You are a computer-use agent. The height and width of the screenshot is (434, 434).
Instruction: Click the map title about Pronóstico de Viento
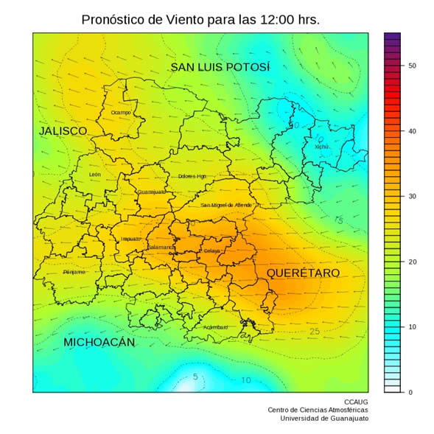click(200, 20)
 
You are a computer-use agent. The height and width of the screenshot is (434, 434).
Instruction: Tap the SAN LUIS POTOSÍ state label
click(220, 68)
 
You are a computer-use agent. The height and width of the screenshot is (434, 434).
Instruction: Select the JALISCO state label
click(63, 130)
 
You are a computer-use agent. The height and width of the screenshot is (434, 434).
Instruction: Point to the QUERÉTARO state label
click(303, 273)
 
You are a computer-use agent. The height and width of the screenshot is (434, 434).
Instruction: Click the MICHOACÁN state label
click(99, 343)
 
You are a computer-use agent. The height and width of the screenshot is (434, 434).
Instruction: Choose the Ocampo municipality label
click(121, 113)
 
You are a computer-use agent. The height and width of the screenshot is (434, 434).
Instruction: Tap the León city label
click(94, 175)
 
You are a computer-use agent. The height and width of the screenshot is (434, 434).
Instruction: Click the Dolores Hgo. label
click(192, 177)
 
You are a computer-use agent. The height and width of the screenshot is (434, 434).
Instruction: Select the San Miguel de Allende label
click(226, 205)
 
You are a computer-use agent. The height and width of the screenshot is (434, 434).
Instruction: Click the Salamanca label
click(161, 248)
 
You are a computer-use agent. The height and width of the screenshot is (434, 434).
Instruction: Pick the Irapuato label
click(131, 239)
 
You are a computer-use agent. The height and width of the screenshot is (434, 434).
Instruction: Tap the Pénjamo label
click(74, 272)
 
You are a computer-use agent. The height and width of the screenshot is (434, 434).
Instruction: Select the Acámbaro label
click(215, 327)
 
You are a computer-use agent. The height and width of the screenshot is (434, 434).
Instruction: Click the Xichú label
click(321, 147)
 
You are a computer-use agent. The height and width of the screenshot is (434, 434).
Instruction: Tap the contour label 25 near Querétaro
click(315, 332)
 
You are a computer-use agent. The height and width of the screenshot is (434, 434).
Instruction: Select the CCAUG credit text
click(357, 402)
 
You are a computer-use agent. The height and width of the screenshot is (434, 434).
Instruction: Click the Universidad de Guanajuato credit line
click(324, 419)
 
